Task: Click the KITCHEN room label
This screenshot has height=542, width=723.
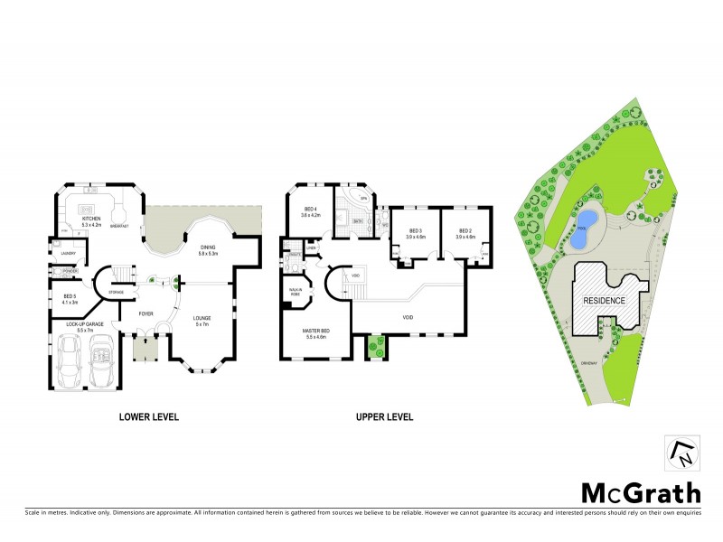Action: tap(91, 218)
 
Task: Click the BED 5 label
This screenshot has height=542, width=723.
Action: tap(70, 295)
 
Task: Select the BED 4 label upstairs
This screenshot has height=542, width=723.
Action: tap(310, 211)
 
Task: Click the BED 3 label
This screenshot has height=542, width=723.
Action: tap(416, 231)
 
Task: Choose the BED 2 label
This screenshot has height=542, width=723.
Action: tap(465, 231)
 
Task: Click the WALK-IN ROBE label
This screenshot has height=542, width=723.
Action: tap(296, 293)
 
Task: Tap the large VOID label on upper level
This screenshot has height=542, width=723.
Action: tap(408, 318)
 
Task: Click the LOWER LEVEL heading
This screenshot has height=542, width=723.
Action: tap(149, 417)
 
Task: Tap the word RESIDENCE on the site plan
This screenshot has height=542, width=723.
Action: tap(604, 300)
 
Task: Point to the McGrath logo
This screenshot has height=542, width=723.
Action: tap(640, 492)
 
